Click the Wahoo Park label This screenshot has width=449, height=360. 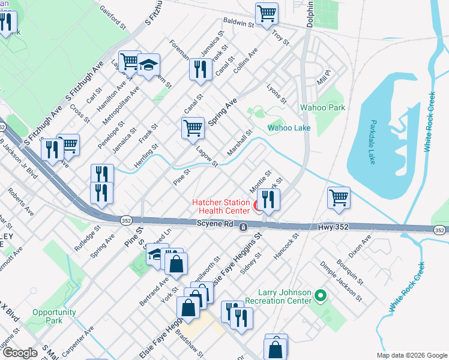coord(322,107)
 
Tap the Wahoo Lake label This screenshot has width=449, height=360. coord(289,128)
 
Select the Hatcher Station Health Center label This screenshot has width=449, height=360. coord(220,206)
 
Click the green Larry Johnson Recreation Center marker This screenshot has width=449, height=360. coord(320,295)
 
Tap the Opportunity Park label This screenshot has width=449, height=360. coord(55,316)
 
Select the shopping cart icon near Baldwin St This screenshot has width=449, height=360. coord(267,14)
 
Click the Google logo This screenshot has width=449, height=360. coord(20,353)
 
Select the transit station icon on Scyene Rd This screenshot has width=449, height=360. coord(243,227)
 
